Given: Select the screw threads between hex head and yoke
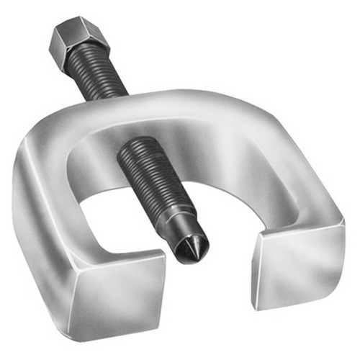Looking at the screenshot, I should (97, 76).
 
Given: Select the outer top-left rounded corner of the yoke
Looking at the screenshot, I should (36, 133).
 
